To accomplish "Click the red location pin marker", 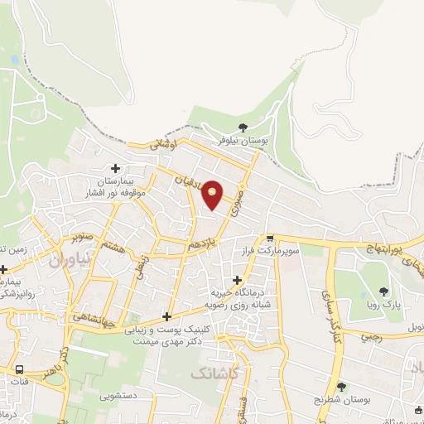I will coord(213,194).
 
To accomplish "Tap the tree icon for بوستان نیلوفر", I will coord(242,128).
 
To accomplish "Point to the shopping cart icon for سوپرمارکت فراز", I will coord(269,237).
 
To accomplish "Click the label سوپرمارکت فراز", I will coord(269,248).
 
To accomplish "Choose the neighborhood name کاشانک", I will coord(219,374).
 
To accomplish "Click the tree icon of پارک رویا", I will coord(383,291).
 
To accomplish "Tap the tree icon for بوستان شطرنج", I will coord(341,386).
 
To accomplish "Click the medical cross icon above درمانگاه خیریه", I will coord(238,280).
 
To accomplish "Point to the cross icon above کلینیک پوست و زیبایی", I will coord(167,316).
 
